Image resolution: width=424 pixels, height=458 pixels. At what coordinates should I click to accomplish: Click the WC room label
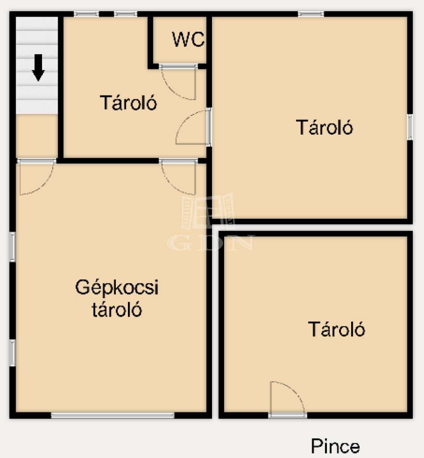pyautogui.click(x=188, y=39)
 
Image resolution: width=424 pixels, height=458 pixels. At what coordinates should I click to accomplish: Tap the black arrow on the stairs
pyautogui.click(x=38, y=68)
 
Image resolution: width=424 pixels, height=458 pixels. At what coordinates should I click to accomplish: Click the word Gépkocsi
pyautogui.click(x=117, y=288)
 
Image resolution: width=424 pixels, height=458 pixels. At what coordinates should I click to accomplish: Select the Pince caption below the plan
pyautogui.click(x=335, y=446)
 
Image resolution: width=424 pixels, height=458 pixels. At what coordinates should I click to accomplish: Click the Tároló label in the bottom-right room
pyautogui.click(x=336, y=329)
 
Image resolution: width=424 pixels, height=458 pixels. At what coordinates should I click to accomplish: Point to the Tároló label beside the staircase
pyautogui.click(x=128, y=102)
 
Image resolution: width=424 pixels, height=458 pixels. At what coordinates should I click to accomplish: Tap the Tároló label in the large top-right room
pyautogui.click(x=324, y=127)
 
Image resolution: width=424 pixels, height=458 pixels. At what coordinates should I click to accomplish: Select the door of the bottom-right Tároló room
pyautogui.click(x=288, y=399)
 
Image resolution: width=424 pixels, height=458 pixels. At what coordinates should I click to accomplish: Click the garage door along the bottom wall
pyautogui.click(x=113, y=415)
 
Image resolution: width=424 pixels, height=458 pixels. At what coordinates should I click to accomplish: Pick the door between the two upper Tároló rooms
pyautogui.click(x=193, y=127)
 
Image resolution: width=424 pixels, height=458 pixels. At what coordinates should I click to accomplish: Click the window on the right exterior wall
pyautogui.click(x=410, y=127)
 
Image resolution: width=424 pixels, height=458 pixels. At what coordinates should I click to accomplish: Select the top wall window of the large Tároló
pyautogui.click(x=311, y=14)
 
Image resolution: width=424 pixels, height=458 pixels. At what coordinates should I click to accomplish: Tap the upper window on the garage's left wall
pyautogui.click(x=12, y=247)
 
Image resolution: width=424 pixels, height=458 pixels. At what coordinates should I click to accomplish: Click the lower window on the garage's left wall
pyautogui.click(x=12, y=353)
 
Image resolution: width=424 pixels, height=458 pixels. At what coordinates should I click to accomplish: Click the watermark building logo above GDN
pyautogui.click(x=208, y=211)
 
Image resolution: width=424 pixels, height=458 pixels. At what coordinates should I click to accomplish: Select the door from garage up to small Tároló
pyautogui.click(x=178, y=176)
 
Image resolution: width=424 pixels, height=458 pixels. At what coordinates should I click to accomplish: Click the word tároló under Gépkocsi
pyautogui.click(x=117, y=310)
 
